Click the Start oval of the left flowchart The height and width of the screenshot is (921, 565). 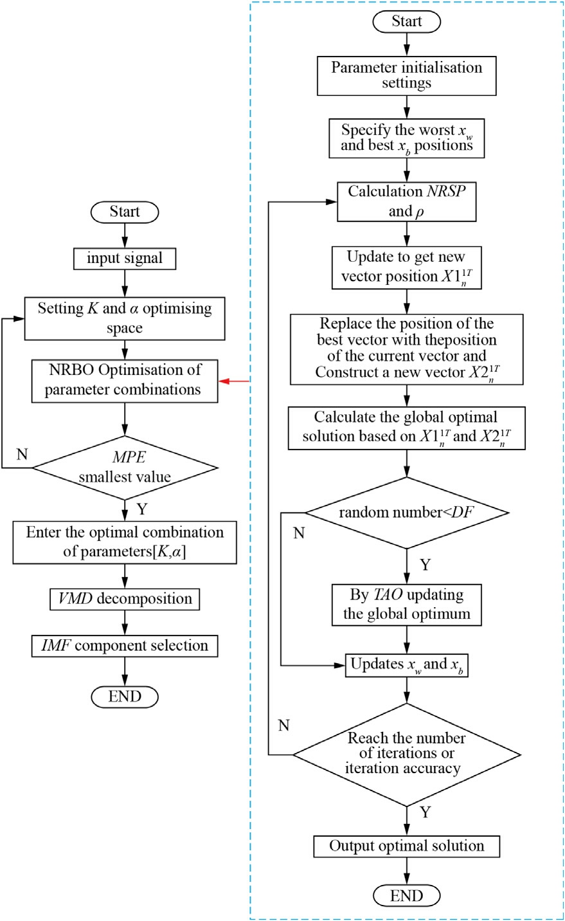pos(125,212)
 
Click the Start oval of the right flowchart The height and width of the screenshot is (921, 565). pos(406,21)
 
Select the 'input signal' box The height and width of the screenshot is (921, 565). pos(125,259)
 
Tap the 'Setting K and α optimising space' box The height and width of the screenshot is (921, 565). pos(125,318)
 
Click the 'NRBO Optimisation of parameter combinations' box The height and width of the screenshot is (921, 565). pos(125,381)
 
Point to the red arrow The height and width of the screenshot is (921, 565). pos(234,381)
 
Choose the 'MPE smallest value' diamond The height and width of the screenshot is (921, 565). pos(125,468)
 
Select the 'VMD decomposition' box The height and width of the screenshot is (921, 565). pos(125,599)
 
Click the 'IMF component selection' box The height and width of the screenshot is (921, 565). pos(125,646)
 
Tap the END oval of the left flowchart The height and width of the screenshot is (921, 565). pos(125,697)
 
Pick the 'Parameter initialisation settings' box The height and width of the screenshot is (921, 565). pos(406,76)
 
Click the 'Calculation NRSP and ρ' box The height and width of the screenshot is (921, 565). pos(406,202)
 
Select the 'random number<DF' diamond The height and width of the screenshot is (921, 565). pos(407,513)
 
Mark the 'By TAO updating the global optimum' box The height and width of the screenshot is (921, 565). pos(406,605)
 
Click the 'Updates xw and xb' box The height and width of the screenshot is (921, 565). pos(406,665)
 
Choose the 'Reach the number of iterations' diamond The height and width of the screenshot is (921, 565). pos(407,755)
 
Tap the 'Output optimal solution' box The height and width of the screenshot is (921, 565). pos(406,846)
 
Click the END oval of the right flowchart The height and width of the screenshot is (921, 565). pos(406,896)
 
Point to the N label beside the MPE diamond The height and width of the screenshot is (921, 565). pos(22,454)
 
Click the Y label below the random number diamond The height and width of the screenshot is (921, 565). pos(426,565)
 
